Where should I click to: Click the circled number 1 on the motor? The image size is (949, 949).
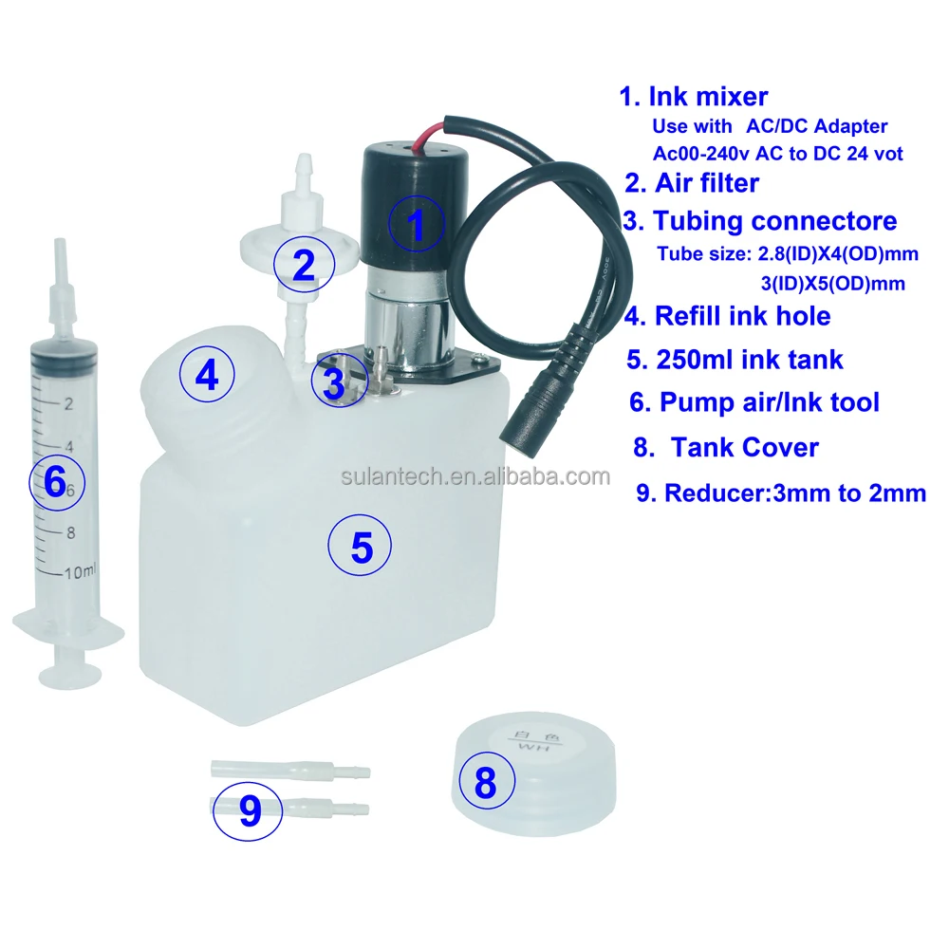(x=416, y=224)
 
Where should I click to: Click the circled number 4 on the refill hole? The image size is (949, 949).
(x=207, y=376)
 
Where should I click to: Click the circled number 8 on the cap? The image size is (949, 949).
(x=485, y=783)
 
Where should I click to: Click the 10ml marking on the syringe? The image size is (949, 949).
(x=80, y=572)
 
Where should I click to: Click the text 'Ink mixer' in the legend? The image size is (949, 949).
(x=707, y=96)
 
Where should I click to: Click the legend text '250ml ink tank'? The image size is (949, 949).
(x=748, y=360)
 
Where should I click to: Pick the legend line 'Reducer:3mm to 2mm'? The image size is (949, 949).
(x=793, y=493)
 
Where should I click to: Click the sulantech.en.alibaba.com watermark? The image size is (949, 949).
(x=474, y=476)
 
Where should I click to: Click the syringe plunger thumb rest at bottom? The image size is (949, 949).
(x=70, y=675)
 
